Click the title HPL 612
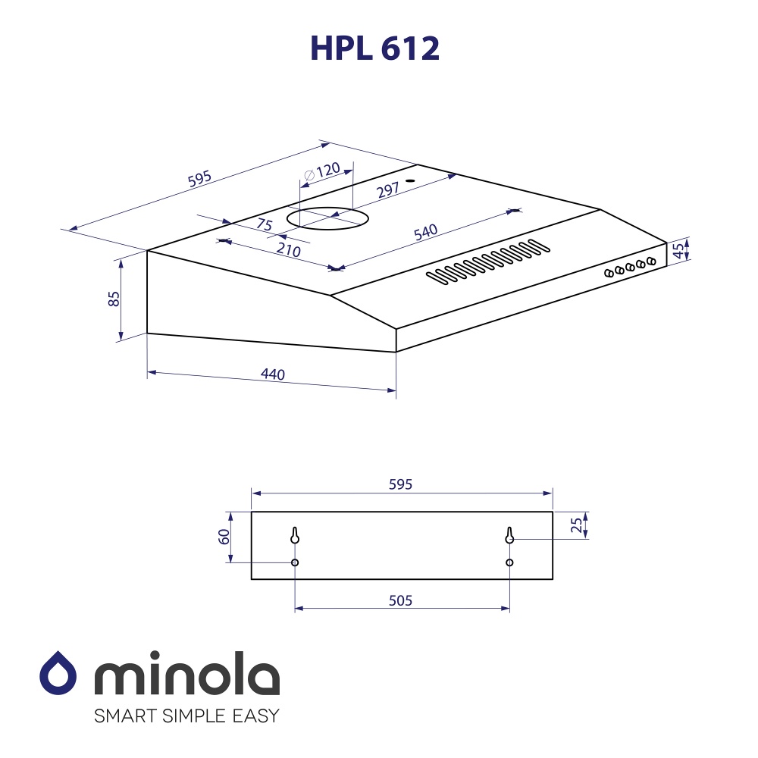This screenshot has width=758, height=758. (374, 49)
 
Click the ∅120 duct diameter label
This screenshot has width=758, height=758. (322, 171)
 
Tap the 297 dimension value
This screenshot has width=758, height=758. (387, 190)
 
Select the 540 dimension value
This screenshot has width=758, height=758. (425, 232)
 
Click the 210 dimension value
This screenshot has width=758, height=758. (289, 251)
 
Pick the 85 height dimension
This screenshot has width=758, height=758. (114, 299)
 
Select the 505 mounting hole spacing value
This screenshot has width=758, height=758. (400, 600)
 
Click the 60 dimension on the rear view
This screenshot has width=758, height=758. (224, 537)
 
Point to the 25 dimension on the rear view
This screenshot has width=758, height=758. (577, 524)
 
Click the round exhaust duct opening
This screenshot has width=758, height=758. (328, 219)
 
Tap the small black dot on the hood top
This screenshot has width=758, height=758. (409, 181)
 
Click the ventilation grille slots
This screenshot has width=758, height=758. (487, 262)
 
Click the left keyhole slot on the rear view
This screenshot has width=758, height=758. (295, 535)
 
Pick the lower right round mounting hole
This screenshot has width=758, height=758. (509, 562)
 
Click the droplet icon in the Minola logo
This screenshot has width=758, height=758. (58, 672)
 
